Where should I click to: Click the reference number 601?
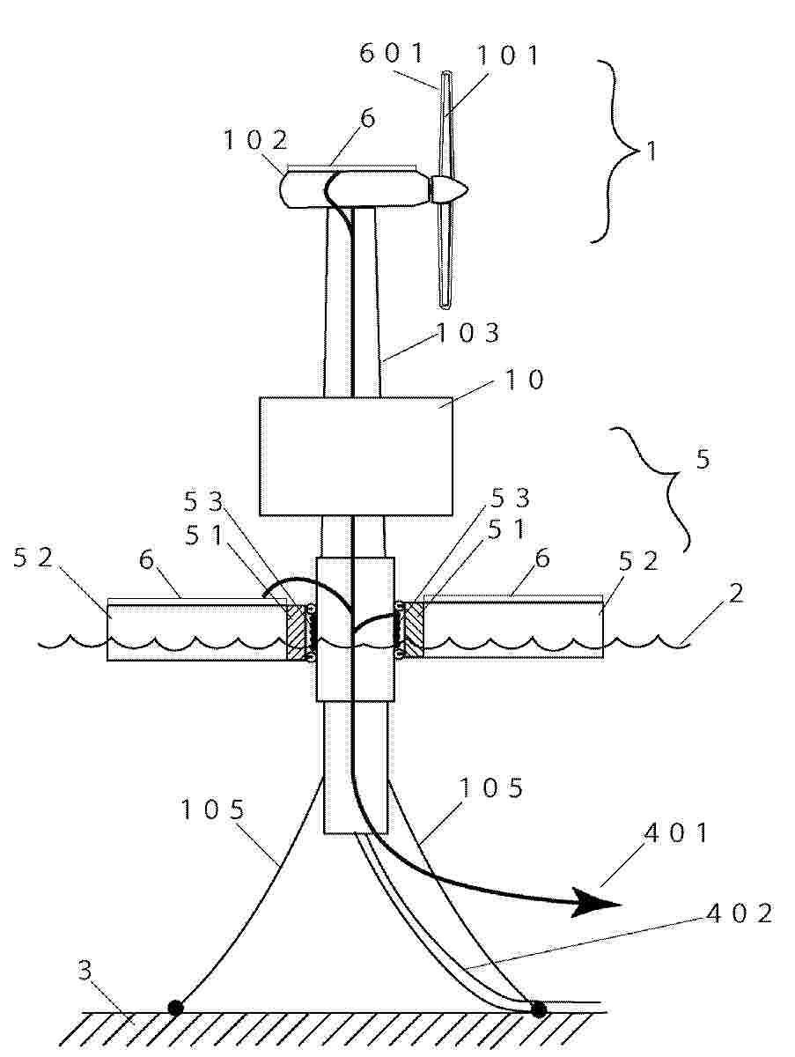click(391, 53)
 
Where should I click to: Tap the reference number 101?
click(507, 55)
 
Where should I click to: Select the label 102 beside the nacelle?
click(255, 140)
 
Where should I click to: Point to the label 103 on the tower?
click(467, 333)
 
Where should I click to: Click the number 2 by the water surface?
click(736, 593)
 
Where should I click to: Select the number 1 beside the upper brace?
click(651, 151)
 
